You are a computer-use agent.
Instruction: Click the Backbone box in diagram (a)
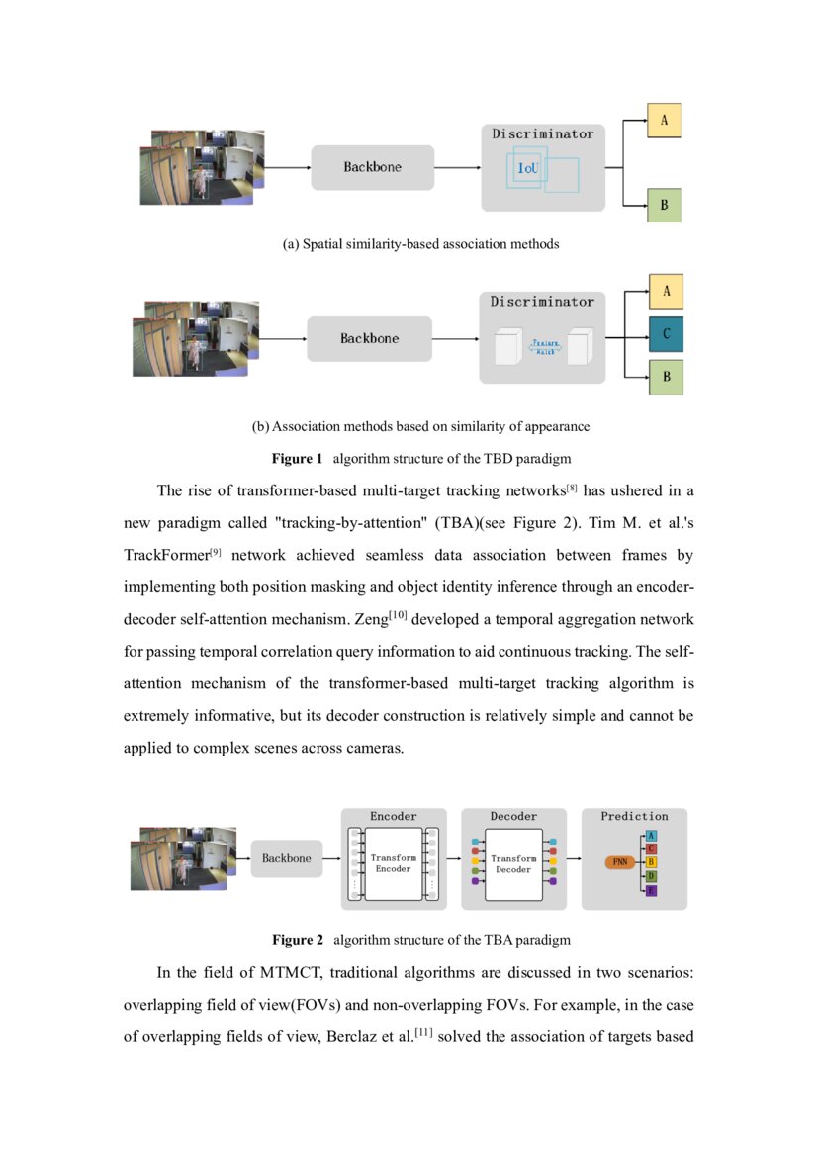tap(373, 167)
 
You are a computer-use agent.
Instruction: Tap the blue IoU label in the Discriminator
tap(529, 168)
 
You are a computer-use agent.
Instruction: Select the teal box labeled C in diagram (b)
tap(666, 334)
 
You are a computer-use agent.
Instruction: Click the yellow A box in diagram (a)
tap(664, 121)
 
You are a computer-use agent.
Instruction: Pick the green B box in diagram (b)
tap(666, 377)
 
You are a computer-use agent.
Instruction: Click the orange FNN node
tap(620, 862)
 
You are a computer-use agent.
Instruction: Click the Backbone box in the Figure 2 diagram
tap(286, 858)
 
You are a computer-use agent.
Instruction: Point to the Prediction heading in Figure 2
tap(634, 816)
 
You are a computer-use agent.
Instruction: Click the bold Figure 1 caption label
tap(298, 459)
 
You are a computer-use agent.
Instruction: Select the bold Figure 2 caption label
tap(298, 939)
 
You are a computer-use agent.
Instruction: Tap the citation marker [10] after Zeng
tap(400, 616)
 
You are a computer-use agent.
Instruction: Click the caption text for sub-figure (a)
tap(420, 244)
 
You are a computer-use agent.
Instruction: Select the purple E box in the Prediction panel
tap(651, 891)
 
